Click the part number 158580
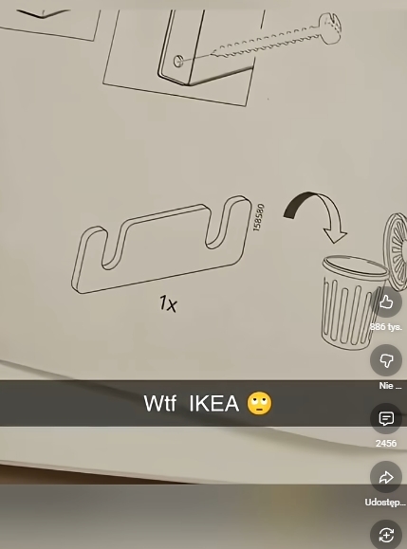258,217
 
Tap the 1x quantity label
169,303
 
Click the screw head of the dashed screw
329,28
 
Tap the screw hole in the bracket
178,62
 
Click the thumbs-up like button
386,302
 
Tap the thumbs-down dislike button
386,360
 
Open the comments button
386,418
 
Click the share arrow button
386,477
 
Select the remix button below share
386,535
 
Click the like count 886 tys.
386,327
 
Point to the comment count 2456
386,443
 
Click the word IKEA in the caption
214,403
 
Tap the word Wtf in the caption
159,403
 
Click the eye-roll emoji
260,403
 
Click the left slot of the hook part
113,247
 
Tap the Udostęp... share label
385,503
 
